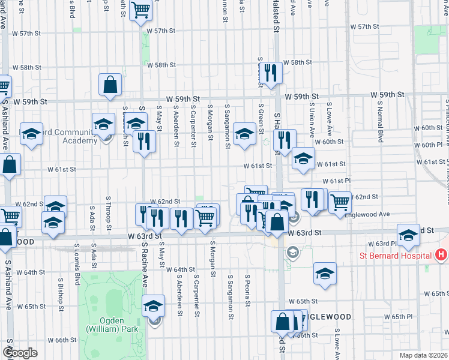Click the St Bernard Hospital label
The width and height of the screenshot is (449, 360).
pos(396,255)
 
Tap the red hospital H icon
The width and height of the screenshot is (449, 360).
pos(442,255)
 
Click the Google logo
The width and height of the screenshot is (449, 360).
pos(20,352)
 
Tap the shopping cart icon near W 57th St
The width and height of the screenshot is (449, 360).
pos(140,9)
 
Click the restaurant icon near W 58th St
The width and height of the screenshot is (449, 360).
pos(272,73)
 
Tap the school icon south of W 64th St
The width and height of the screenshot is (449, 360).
pos(325,274)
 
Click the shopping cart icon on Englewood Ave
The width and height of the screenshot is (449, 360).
pos(340,202)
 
